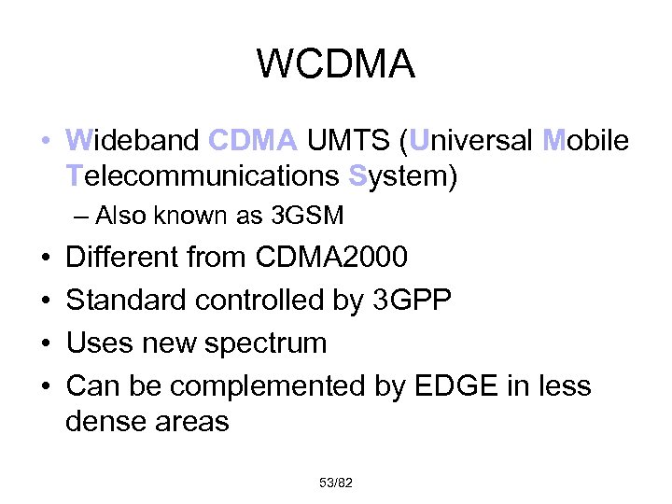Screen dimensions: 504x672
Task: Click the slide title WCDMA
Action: click(x=335, y=64)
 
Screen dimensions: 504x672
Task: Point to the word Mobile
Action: click(x=586, y=140)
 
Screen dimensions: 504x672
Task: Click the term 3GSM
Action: click(x=306, y=217)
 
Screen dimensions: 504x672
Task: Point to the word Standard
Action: click(x=126, y=300)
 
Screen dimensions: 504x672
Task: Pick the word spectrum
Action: click(x=264, y=343)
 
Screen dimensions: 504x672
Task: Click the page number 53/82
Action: click(x=335, y=483)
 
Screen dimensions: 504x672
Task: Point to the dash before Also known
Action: click(x=78, y=217)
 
